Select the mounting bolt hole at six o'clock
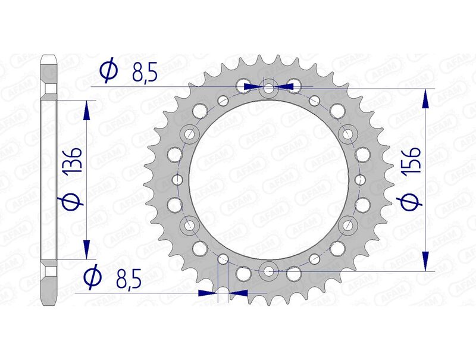click(x=269, y=271)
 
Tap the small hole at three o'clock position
click(x=359, y=180)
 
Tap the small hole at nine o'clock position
click(x=177, y=179)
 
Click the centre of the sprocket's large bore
click(x=268, y=180)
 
